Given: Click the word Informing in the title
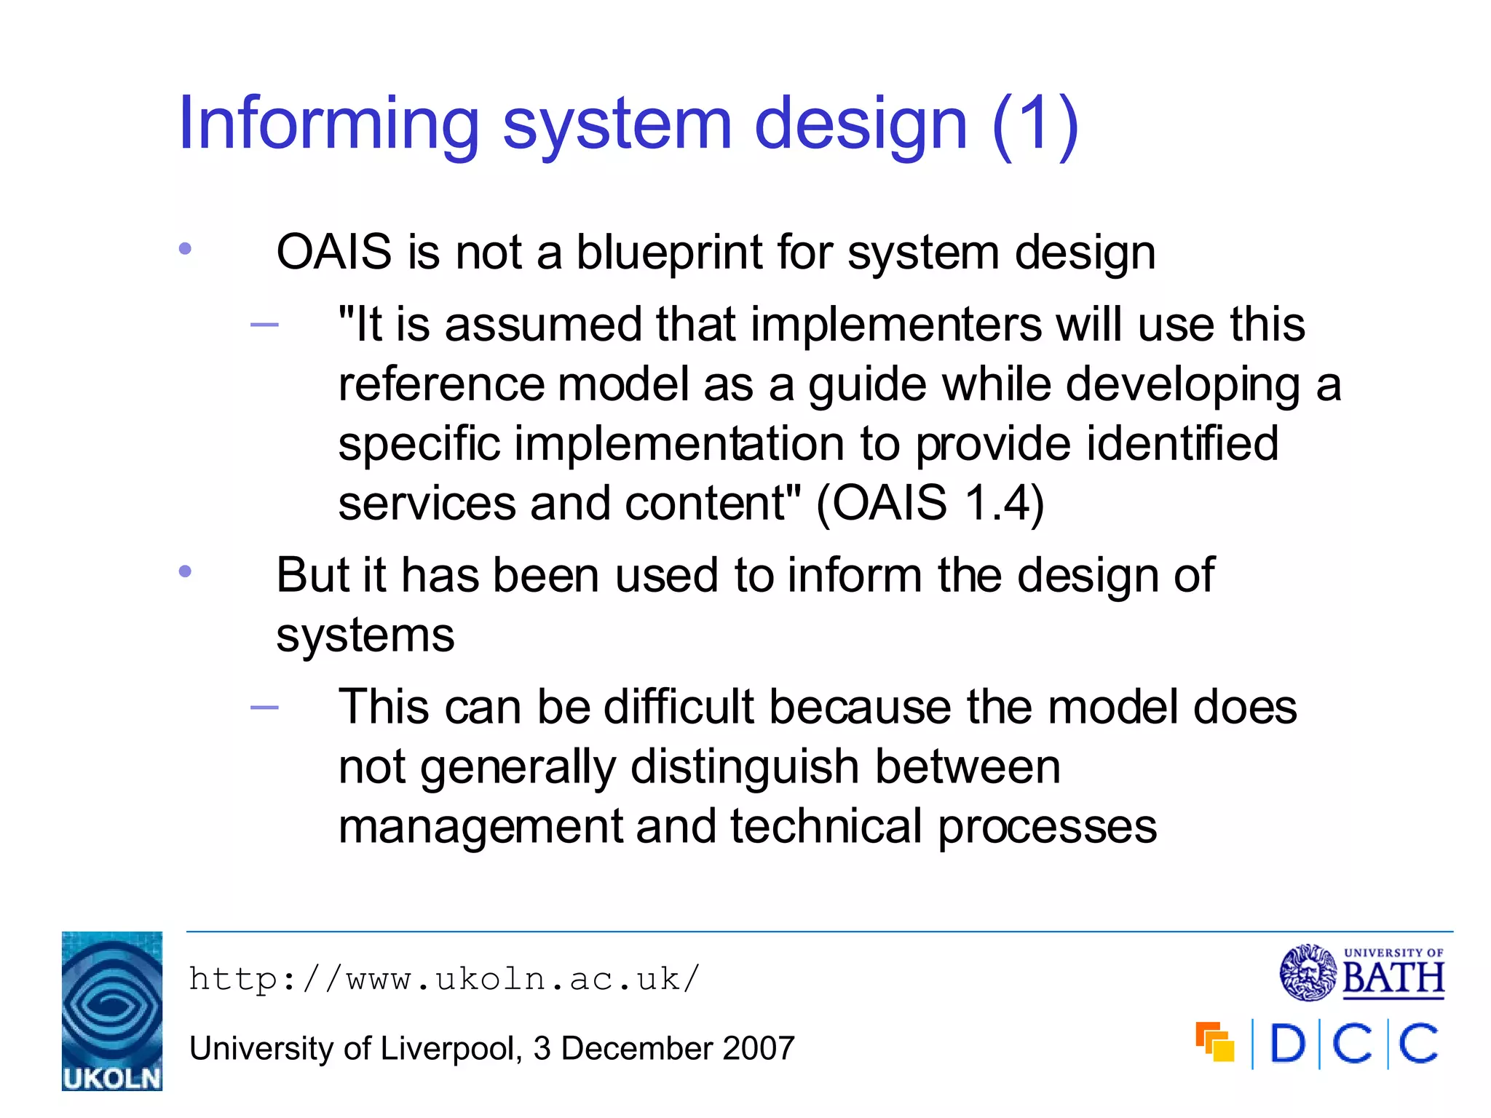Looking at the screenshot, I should click(328, 125).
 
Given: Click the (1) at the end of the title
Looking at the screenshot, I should click(1035, 125).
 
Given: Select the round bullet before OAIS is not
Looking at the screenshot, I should click(185, 250).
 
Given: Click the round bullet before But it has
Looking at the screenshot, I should click(185, 572).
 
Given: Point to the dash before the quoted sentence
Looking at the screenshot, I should click(264, 325).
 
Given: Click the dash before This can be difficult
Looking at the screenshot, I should click(264, 707).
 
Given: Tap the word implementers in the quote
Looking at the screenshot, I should click(896, 325).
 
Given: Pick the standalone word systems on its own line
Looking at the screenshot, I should click(365, 636).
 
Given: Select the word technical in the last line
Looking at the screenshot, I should click(826, 827).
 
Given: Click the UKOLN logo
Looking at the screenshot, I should click(112, 1011).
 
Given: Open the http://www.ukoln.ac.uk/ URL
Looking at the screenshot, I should click(444, 980).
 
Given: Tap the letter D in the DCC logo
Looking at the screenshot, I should click(1287, 1044).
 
